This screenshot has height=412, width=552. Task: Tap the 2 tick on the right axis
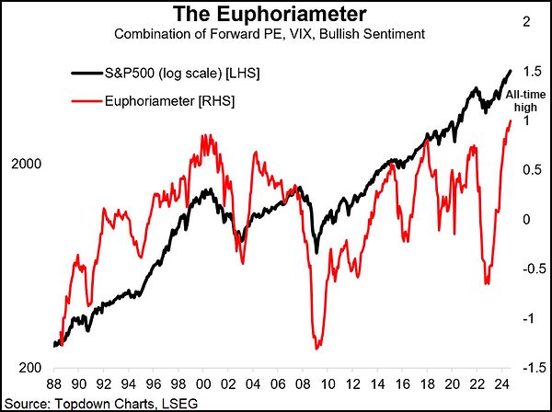tap(530, 21)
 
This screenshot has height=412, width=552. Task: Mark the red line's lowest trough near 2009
tap(316, 348)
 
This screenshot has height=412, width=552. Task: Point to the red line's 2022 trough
tap(486, 284)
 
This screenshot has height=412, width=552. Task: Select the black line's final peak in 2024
tap(510, 70)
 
